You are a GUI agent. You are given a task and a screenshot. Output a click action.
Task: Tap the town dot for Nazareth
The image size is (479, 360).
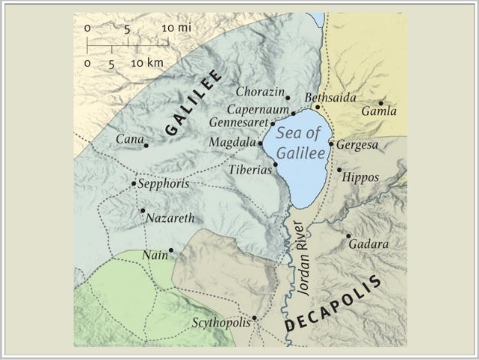point(142,210)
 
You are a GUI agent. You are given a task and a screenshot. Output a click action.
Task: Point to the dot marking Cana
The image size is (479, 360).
point(146,146)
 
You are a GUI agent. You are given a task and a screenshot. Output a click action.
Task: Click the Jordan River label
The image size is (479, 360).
point(304,262)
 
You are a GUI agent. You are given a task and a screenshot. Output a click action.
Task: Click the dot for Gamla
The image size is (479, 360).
point(381,103)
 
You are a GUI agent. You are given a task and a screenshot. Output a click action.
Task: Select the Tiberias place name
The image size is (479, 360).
point(250,171)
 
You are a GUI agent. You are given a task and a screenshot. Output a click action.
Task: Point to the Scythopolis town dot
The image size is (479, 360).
point(255,318)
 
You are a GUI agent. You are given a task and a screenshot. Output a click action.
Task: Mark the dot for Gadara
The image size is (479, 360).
point(348,236)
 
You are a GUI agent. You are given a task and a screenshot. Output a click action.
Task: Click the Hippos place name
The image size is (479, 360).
point(360,178)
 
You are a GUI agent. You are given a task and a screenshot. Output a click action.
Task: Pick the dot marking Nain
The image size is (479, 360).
point(171,250)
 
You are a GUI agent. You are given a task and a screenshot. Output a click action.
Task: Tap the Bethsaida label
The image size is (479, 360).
point(330,98)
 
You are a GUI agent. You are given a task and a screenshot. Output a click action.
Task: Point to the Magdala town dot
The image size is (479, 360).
point(261,143)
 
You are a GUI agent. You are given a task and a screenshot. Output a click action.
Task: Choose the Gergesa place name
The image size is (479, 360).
point(357,144)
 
